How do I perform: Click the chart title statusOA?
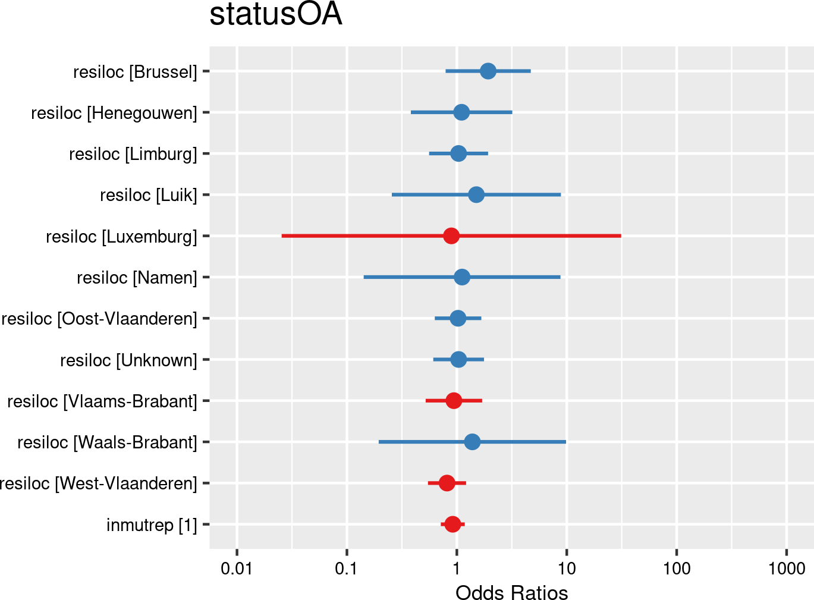(276, 15)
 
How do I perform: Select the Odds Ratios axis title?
(511, 593)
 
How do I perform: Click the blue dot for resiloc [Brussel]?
(488, 71)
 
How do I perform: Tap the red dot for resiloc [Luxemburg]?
(451, 236)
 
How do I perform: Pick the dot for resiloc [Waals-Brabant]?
(472, 442)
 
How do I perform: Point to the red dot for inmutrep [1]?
(452, 524)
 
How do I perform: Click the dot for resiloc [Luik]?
(476, 194)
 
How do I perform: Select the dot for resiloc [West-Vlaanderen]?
(447, 483)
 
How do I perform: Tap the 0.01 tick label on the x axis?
(237, 568)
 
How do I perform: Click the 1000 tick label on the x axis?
(786, 568)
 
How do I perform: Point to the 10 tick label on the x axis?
(567, 568)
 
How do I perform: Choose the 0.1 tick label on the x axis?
(347, 568)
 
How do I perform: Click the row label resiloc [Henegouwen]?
(114, 113)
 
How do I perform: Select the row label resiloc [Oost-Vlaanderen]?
(99, 319)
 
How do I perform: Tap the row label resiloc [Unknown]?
(128, 360)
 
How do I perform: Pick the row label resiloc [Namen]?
(137, 278)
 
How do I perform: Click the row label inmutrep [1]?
(152, 525)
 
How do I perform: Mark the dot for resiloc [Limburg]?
(458, 153)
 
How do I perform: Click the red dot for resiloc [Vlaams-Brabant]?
(454, 401)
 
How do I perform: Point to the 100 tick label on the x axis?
(677, 568)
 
